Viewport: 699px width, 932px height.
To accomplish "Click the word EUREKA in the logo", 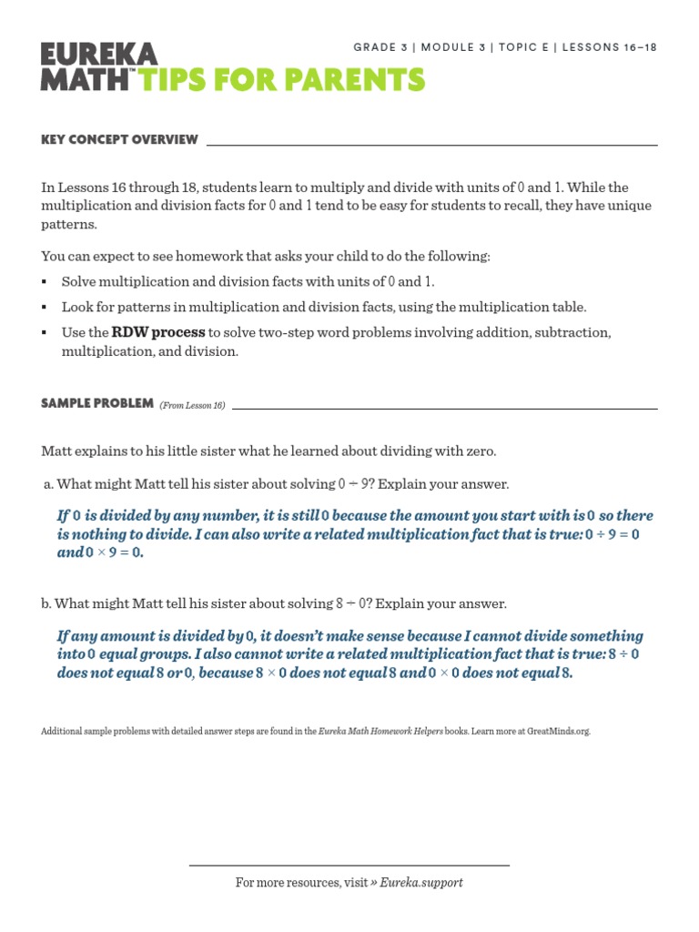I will (99, 54).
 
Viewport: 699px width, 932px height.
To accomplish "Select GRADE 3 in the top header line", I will (380, 48).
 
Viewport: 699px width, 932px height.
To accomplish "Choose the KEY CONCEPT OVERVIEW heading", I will (119, 139).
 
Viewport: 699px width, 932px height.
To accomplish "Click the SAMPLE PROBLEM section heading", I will (96, 403).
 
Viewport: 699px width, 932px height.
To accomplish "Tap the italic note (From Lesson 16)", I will (192, 405).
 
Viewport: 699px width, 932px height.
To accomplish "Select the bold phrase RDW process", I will (158, 332).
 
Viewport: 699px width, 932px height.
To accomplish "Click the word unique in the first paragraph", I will (631, 206).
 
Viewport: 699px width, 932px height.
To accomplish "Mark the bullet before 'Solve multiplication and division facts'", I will (45, 282).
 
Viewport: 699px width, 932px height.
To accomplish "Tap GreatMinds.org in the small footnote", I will (555, 731).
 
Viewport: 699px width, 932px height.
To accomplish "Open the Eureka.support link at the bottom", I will (421, 883).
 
